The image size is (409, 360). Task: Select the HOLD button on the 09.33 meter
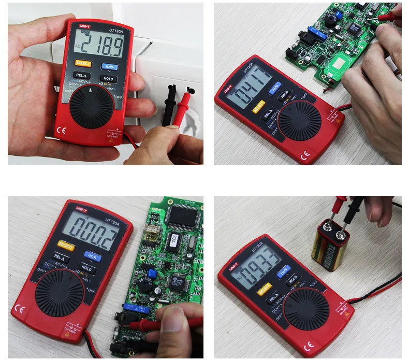tap(293, 279)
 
